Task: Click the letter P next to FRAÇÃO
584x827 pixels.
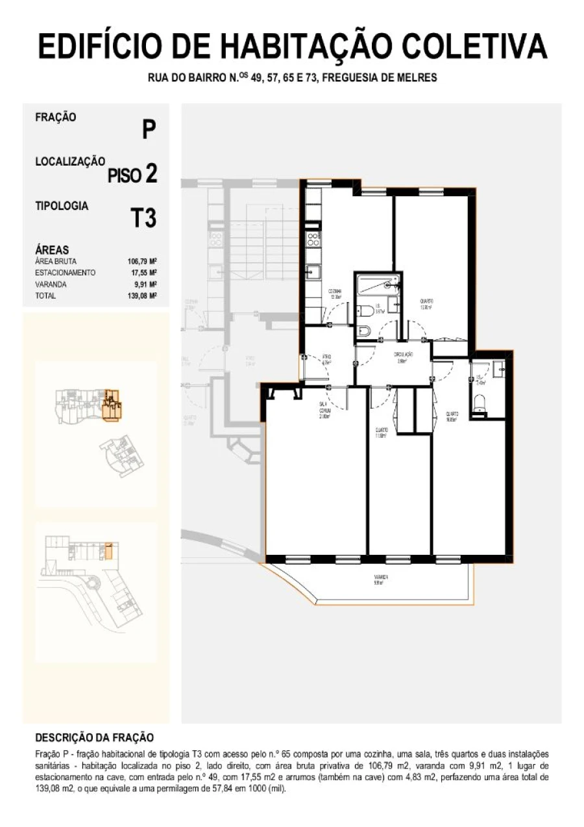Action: tap(149, 130)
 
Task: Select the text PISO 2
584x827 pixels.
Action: tap(132, 174)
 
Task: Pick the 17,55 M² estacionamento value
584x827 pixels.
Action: tap(143, 273)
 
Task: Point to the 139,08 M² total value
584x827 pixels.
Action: tap(142, 296)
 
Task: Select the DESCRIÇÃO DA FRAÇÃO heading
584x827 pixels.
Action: tap(94, 737)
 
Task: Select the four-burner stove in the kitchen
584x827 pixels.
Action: tap(313, 238)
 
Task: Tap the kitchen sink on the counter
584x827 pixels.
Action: tap(312, 272)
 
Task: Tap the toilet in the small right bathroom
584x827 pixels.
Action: tap(480, 408)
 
